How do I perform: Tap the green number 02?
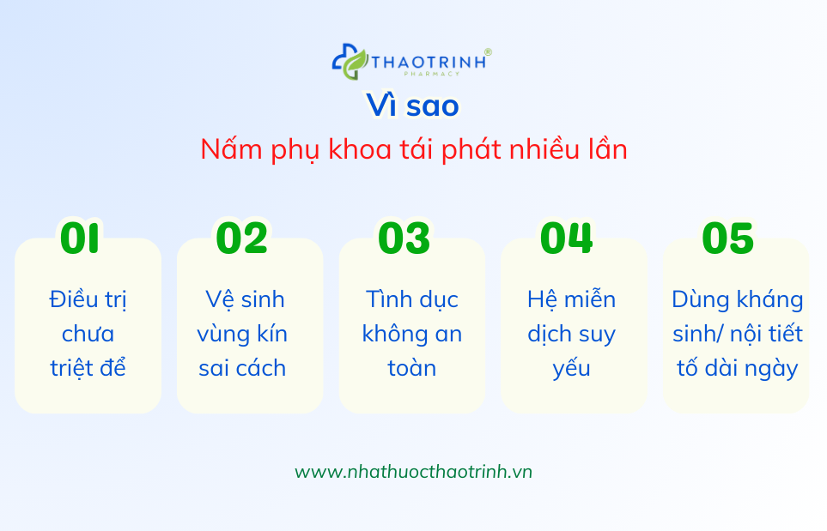(241, 238)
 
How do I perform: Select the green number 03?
(404, 238)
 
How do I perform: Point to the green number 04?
(566, 238)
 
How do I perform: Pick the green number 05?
(727, 238)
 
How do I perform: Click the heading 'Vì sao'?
(413, 106)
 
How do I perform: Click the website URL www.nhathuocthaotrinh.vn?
(413, 472)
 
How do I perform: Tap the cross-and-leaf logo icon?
(350, 61)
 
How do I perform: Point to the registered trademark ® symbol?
(488, 52)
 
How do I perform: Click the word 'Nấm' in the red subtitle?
(224, 149)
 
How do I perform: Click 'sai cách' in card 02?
(242, 368)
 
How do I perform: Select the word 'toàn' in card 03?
(412, 368)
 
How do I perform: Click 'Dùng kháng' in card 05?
(737, 299)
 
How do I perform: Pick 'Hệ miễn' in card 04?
(571, 299)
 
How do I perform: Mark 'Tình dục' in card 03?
(412, 299)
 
